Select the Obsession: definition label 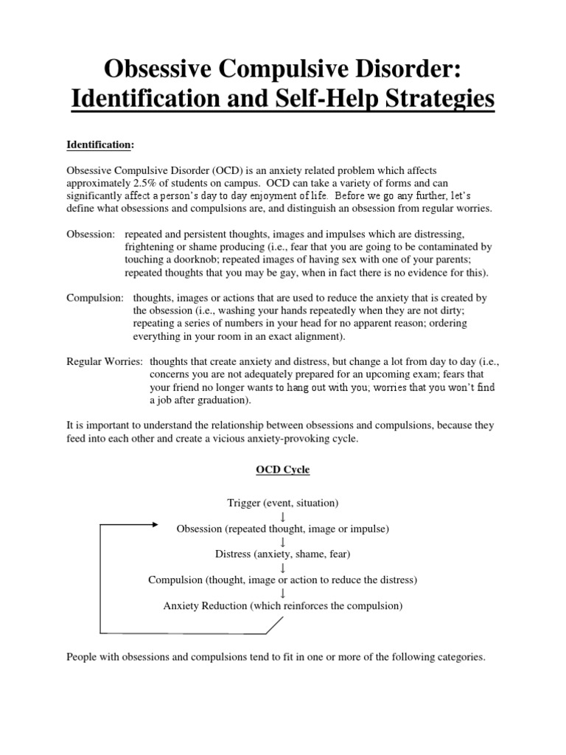91,234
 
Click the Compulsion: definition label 96,297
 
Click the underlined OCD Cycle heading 283,470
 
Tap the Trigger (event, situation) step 283,503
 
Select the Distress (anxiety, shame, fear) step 283,554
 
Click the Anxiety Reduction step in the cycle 283,606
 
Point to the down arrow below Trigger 283,516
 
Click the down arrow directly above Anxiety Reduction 283,594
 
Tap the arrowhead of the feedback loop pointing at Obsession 154,525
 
